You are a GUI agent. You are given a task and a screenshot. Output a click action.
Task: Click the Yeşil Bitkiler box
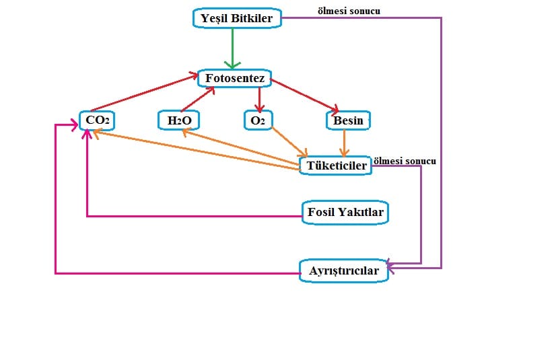237,19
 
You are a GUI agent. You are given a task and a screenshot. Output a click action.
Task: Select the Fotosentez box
234,79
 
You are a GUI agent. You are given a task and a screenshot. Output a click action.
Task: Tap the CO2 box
96,120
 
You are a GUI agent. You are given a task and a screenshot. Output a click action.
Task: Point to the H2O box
178,120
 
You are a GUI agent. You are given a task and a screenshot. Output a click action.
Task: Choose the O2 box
258,120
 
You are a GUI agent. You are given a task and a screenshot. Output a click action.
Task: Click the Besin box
347,120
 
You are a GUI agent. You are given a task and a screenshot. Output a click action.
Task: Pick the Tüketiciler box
336,165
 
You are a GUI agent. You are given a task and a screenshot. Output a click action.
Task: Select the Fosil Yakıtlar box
346,213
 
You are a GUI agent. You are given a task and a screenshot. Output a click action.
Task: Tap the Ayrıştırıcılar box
343,271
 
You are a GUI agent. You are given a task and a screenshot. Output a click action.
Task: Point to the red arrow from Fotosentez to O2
258,98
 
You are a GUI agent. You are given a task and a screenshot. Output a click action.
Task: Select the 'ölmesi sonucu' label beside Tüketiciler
405,161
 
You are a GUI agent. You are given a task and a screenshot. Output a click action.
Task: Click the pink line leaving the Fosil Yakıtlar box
195,216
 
